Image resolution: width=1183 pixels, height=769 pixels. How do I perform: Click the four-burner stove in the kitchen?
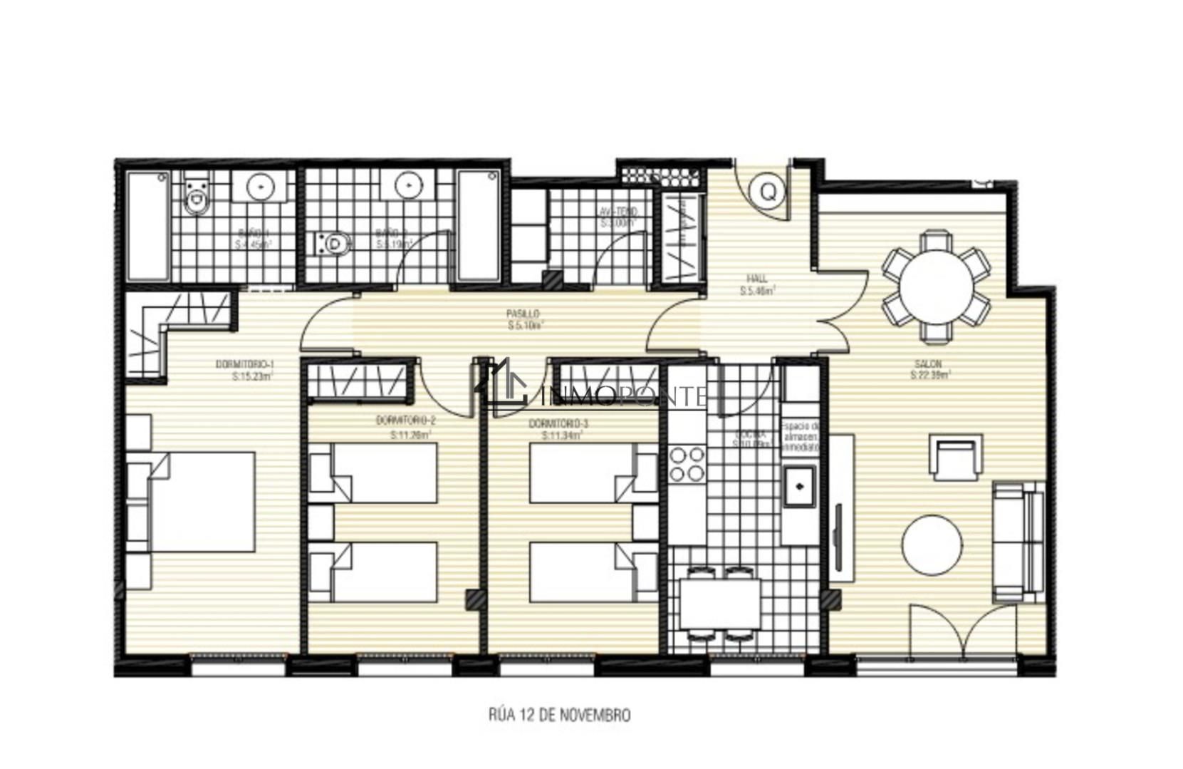point(687,464)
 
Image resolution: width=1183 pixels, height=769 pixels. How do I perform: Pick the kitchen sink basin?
point(800,486)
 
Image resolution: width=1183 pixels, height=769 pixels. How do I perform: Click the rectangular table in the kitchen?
point(720,603)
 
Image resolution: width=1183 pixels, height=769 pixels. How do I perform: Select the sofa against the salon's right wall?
point(1018,542)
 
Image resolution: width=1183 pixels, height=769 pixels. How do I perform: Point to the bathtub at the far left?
point(148,226)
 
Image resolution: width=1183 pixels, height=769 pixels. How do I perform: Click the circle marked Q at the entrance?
point(767,191)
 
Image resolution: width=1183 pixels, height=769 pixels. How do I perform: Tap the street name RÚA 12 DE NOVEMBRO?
point(559,714)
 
